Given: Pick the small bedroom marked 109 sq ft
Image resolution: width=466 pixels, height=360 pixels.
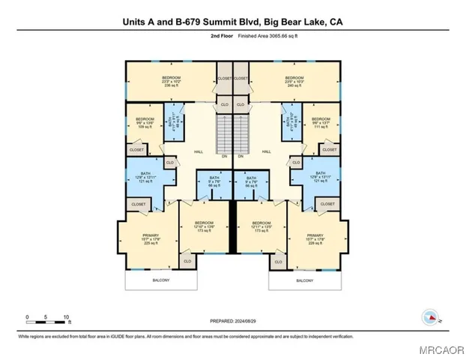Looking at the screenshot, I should (144, 123).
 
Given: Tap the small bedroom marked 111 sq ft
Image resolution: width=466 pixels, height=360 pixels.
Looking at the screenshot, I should (321, 123).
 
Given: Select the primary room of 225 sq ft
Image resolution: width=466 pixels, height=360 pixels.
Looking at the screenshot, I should (151, 238).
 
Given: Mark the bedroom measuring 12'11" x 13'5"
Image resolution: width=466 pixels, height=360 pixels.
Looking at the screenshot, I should (261, 226).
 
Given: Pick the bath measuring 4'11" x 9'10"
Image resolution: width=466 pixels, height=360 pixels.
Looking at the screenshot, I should (293, 124).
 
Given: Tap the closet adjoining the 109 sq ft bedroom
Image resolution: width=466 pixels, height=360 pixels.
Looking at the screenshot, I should (137, 150).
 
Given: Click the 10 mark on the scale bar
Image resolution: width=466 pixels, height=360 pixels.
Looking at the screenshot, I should (68, 316).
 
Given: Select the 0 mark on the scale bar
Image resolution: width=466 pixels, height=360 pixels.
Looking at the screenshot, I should (27, 316).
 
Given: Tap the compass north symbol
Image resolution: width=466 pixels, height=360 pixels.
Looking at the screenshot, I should (430, 318).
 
